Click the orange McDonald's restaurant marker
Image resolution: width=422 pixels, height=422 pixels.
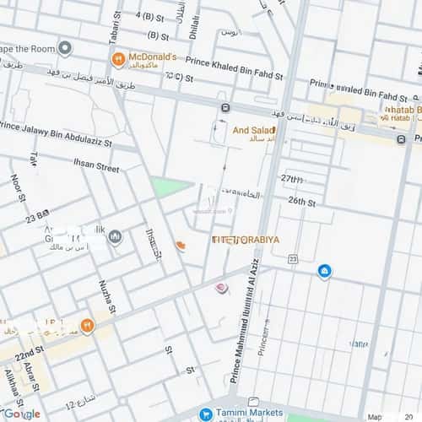tap(118, 60)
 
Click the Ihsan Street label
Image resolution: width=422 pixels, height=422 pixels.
tap(96, 167)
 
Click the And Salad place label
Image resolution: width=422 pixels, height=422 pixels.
tap(253, 130)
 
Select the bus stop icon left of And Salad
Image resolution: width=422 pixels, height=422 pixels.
tap(225, 108)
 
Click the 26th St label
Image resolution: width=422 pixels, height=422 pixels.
tap(301, 202)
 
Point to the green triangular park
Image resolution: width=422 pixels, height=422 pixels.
tap(165, 187)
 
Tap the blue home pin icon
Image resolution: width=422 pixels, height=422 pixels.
tap(324, 271)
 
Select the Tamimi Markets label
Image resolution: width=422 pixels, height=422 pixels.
tap(246, 414)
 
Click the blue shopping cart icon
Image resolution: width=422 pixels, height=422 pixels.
tap(206, 414)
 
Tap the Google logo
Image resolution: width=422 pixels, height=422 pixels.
tap(20, 414)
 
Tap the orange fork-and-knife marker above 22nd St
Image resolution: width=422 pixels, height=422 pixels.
tap(86, 325)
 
